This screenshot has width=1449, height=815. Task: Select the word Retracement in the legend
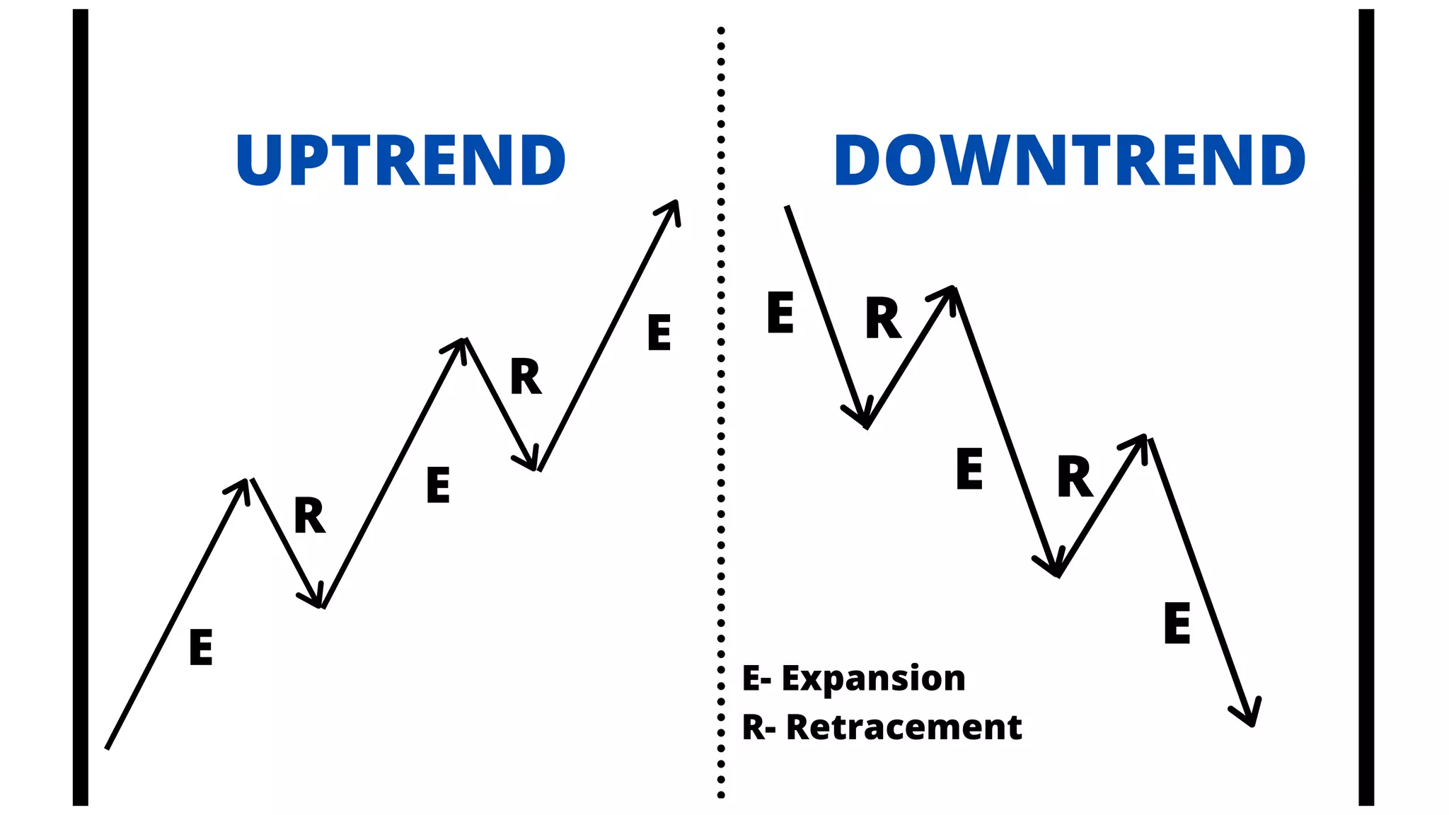tap(904, 727)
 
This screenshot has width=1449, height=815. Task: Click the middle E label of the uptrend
tap(438, 485)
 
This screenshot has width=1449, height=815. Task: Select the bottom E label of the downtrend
tap(1177, 623)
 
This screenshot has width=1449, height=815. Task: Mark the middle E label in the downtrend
tap(969, 468)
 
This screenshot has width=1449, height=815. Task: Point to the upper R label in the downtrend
tap(883, 318)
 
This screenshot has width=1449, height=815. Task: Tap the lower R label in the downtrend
tap(1075, 477)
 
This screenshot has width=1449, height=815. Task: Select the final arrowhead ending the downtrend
tap(1249, 715)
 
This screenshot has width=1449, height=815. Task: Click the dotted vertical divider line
tap(721, 410)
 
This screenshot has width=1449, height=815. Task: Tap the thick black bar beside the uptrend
tap(81, 407)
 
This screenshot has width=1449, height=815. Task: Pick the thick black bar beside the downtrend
tap(1366, 407)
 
